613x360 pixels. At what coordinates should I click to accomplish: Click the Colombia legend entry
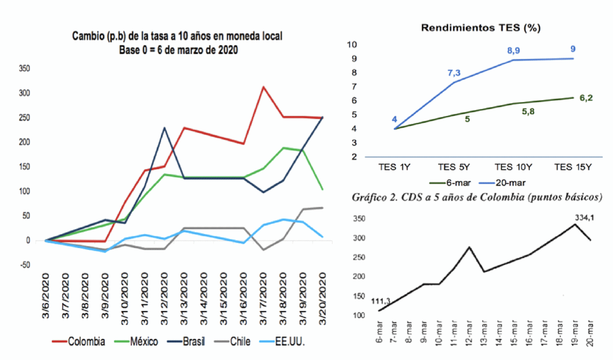(x=86, y=341)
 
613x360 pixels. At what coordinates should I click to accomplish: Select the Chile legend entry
(x=240, y=341)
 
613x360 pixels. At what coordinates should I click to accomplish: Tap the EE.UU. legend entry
(x=289, y=341)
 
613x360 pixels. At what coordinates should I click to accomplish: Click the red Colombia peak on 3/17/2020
(x=263, y=87)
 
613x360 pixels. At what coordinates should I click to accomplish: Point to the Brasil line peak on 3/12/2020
(x=164, y=128)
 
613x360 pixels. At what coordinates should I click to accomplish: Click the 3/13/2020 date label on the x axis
(x=184, y=298)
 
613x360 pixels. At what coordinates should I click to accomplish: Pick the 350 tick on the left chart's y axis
(x=24, y=68)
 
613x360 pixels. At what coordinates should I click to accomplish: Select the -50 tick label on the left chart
(x=24, y=265)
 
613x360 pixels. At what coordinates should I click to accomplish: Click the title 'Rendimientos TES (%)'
(x=481, y=28)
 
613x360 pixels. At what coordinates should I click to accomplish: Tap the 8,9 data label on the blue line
(x=513, y=50)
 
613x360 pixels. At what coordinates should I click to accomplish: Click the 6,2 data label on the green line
(x=586, y=98)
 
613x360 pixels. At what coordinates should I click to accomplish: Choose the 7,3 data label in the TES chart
(x=454, y=73)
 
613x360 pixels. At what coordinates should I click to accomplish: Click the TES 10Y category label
(x=513, y=167)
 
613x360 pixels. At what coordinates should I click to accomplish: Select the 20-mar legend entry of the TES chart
(x=510, y=183)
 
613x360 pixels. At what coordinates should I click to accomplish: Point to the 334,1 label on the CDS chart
(x=584, y=218)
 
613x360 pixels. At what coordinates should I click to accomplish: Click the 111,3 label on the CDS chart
(x=380, y=301)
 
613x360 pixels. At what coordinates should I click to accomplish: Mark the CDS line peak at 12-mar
(x=469, y=247)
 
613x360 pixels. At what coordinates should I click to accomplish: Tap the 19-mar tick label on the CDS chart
(x=574, y=333)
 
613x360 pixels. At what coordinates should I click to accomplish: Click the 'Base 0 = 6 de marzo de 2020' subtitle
(x=178, y=50)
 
